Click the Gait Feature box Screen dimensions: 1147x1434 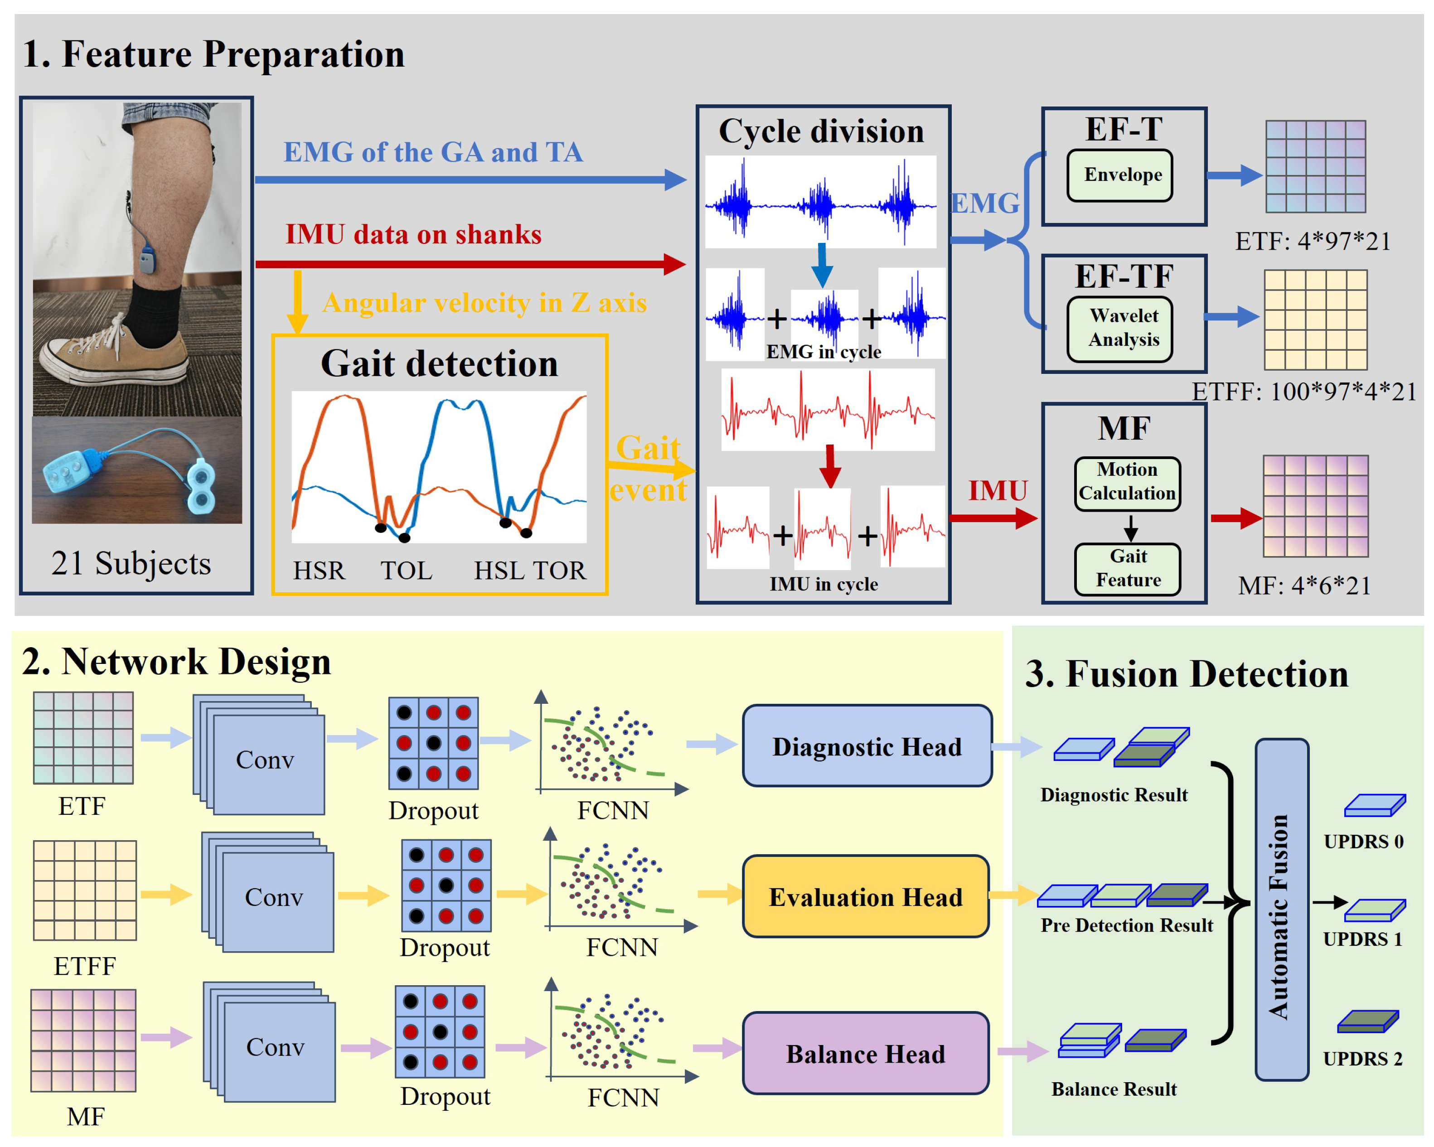pyautogui.click(x=1127, y=568)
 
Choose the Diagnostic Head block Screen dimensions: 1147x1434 pyautogui.click(x=867, y=745)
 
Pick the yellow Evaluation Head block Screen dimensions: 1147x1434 pyautogui.click(x=865, y=896)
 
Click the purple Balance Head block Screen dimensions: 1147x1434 pyautogui.click(x=865, y=1053)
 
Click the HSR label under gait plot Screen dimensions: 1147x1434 pyautogui.click(x=319, y=571)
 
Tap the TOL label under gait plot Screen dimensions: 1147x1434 pyautogui.click(x=406, y=571)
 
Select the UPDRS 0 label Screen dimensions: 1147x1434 pyautogui.click(x=1363, y=841)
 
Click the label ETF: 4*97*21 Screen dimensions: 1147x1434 pyautogui.click(x=1312, y=241)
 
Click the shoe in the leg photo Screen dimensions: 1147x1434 pyautogui.click(x=113, y=353)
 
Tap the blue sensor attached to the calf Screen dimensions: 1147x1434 pyautogui.click(x=148, y=259)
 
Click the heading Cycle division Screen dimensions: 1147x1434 pyautogui.click(x=821, y=131)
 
